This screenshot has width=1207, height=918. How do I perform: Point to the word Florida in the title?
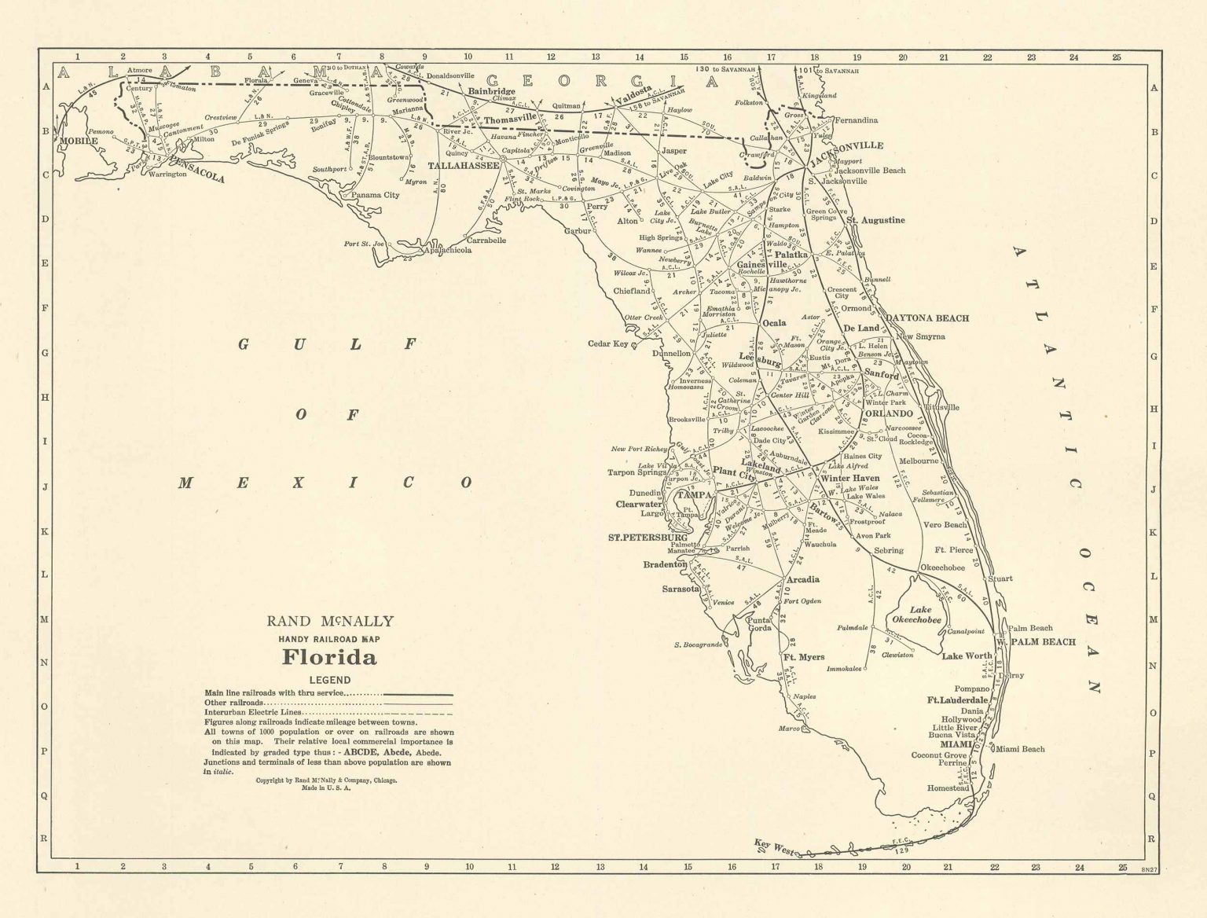(329, 656)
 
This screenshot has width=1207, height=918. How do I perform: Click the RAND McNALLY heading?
(330, 622)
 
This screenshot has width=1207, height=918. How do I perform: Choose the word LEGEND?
(329, 680)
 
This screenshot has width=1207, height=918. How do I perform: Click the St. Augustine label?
(875, 220)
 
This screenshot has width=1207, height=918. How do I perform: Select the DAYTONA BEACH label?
(927, 318)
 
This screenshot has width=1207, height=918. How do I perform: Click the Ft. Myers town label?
(803, 656)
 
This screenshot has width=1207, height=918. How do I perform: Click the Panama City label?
(375, 195)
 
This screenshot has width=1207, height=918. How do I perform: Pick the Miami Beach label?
(1021, 749)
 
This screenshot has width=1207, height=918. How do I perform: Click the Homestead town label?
(948, 788)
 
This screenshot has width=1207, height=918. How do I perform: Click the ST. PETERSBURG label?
(648, 538)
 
